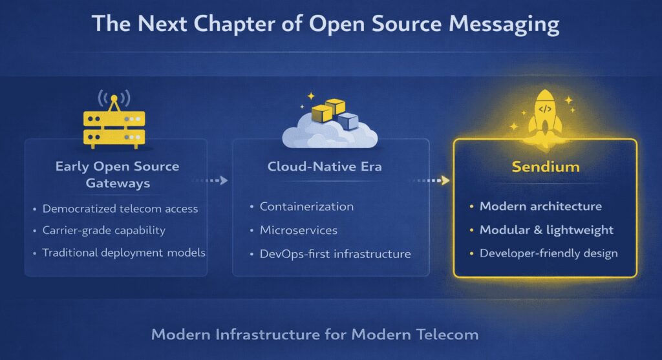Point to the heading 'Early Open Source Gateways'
pyautogui.click(x=117, y=175)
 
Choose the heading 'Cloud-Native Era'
pyautogui.click(x=325, y=167)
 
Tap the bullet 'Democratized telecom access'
pyautogui.click(x=120, y=209)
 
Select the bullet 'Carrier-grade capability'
pyautogui.click(x=103, y=231)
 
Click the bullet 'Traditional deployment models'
pyautogui.click(x=123, y=253)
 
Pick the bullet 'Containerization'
pyautogui.click(x=306, y=207)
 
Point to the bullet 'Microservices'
pyautogui.click(x=298, y=230)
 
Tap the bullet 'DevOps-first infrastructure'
pyautogui.click(x=335, y=254)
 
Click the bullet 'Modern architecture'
pyautogui.click(x=540, y=207)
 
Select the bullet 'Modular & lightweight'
pyautogui.click(x=546, y=230)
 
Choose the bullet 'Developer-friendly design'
pyautogui.click(x=548, y=253)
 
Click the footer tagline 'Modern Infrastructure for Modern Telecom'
pyautogui.click(x=315, y=335)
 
